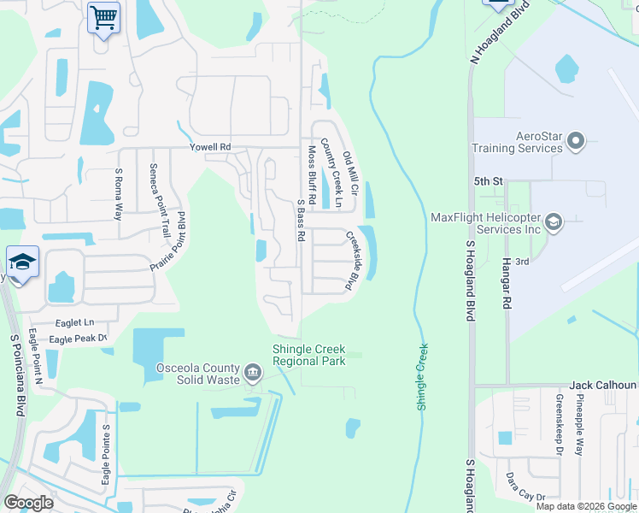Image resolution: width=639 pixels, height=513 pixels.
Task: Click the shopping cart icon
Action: tap(103, 16)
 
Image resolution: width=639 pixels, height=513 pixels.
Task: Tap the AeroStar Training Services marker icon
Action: tap(576, 140)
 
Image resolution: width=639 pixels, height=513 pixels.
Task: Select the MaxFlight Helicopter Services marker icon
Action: tap(554, 223)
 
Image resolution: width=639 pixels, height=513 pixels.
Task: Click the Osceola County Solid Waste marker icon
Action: tap(253, 372)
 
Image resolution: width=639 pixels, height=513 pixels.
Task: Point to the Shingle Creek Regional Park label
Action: tap(308, 354)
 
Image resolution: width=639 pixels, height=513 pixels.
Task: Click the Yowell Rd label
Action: tap(210, 147)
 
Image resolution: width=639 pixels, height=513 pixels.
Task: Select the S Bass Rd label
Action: tap(301, 221)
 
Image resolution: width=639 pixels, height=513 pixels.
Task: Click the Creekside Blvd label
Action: tap(350, 261)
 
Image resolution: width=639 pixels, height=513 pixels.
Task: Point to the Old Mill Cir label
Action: tap(350, 171)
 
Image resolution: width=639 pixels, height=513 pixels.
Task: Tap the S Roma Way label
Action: tap(119, 195)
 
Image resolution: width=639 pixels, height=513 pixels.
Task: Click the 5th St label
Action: tap(487, 181)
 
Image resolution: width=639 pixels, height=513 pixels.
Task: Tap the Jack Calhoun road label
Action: tap(603, 386)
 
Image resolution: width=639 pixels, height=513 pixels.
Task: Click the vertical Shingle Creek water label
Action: tap(422, 376)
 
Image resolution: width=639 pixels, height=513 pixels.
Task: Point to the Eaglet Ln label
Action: tap(74, 322)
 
